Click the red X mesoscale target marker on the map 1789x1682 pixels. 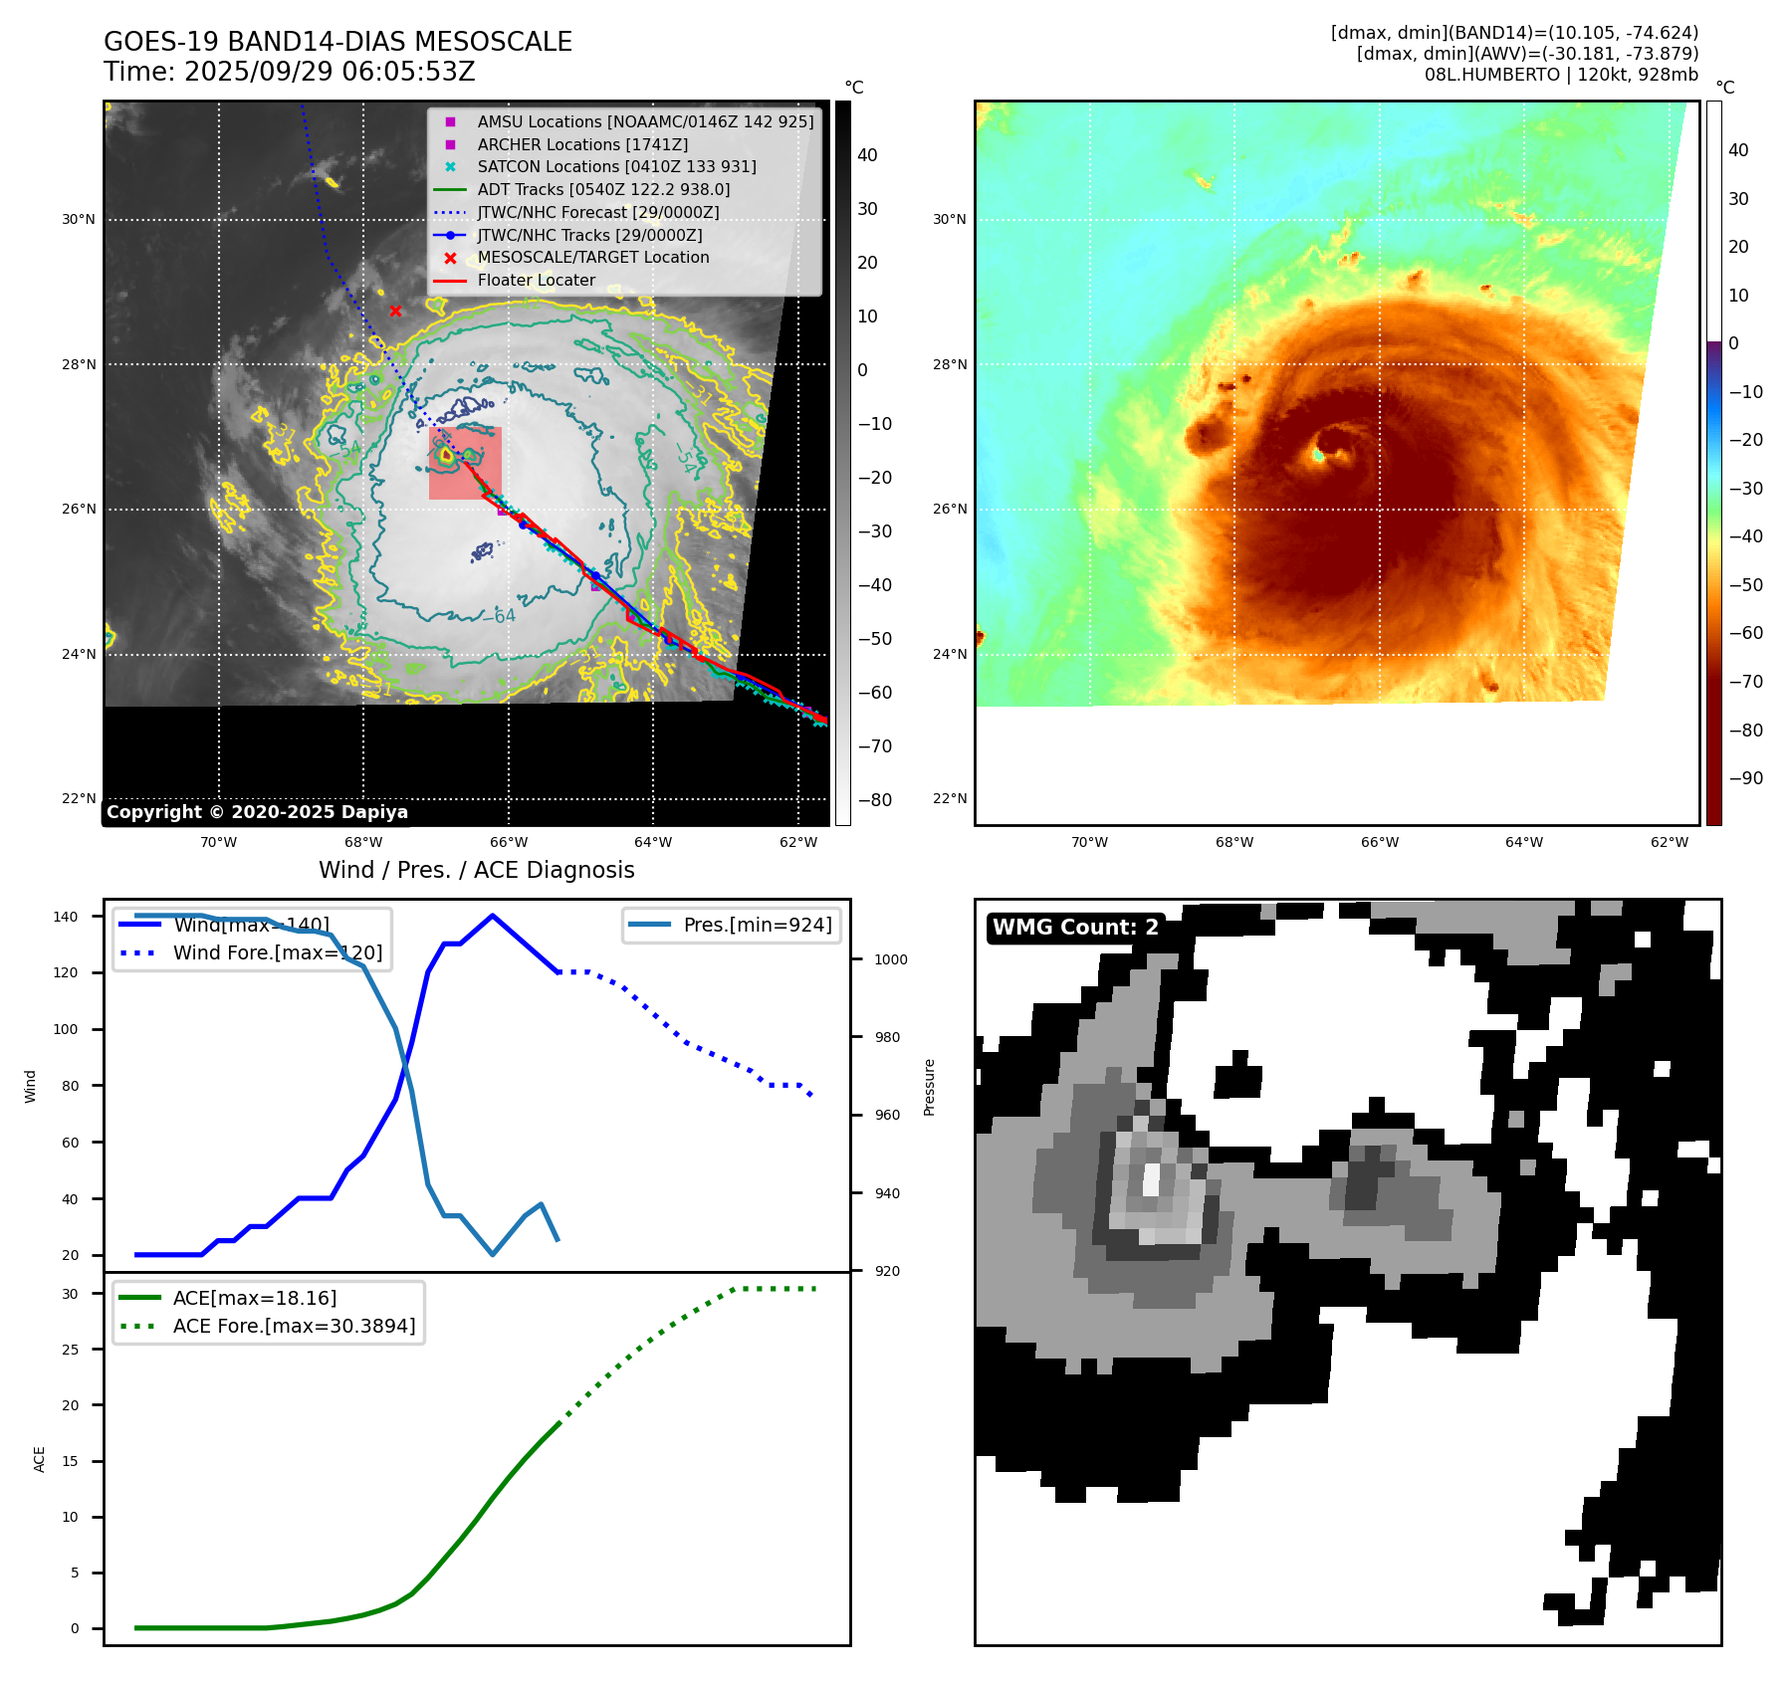[x=395, y=312]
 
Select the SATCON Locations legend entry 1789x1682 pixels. [x=616, y=167]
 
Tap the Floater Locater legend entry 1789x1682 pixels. [x=536, y=281]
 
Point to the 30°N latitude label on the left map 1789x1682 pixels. [x=79, y=220]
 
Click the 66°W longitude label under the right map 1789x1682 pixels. [x=1379, y=843]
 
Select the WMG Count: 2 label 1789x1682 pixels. [x=1075, y=928]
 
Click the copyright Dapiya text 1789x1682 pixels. [x=257, y=812]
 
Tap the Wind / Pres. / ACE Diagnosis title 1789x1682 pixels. [x=476, y=871]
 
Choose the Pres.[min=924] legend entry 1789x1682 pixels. [x=757, y=926]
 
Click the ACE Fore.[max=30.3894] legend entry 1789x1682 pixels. [x=294, y=1327]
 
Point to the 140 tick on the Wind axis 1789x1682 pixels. [x=66, y=917]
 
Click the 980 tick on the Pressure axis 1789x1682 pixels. [x=887, y=1038]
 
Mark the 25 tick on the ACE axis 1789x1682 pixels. [x=70, y=1351]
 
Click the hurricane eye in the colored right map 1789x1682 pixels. [x=1320, y=454]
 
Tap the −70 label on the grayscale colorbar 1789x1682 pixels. [x=875, y=746]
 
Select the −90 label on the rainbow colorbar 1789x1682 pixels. [x=1745, y=778]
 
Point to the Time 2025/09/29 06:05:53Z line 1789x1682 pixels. [x=289, y=73]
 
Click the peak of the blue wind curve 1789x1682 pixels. [x=493, y=916]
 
